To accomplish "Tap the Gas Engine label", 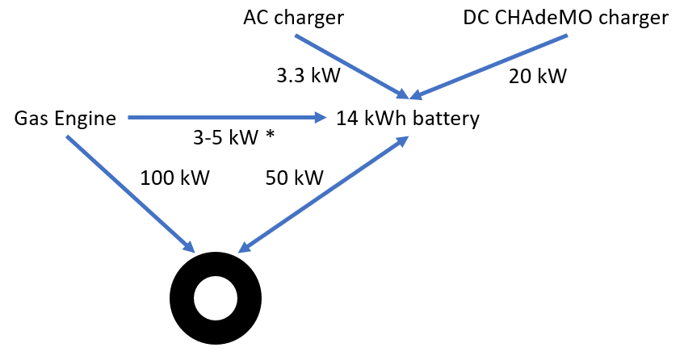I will (65, 119).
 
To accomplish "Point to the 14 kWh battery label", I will (408, 119).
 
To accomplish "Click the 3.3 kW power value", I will (308, 77).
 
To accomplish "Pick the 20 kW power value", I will (537, 77).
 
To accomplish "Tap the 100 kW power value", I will (175, 178).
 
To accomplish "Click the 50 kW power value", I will (294, 178).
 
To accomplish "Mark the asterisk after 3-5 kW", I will (269, 136).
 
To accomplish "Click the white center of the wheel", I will (216, 298).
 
